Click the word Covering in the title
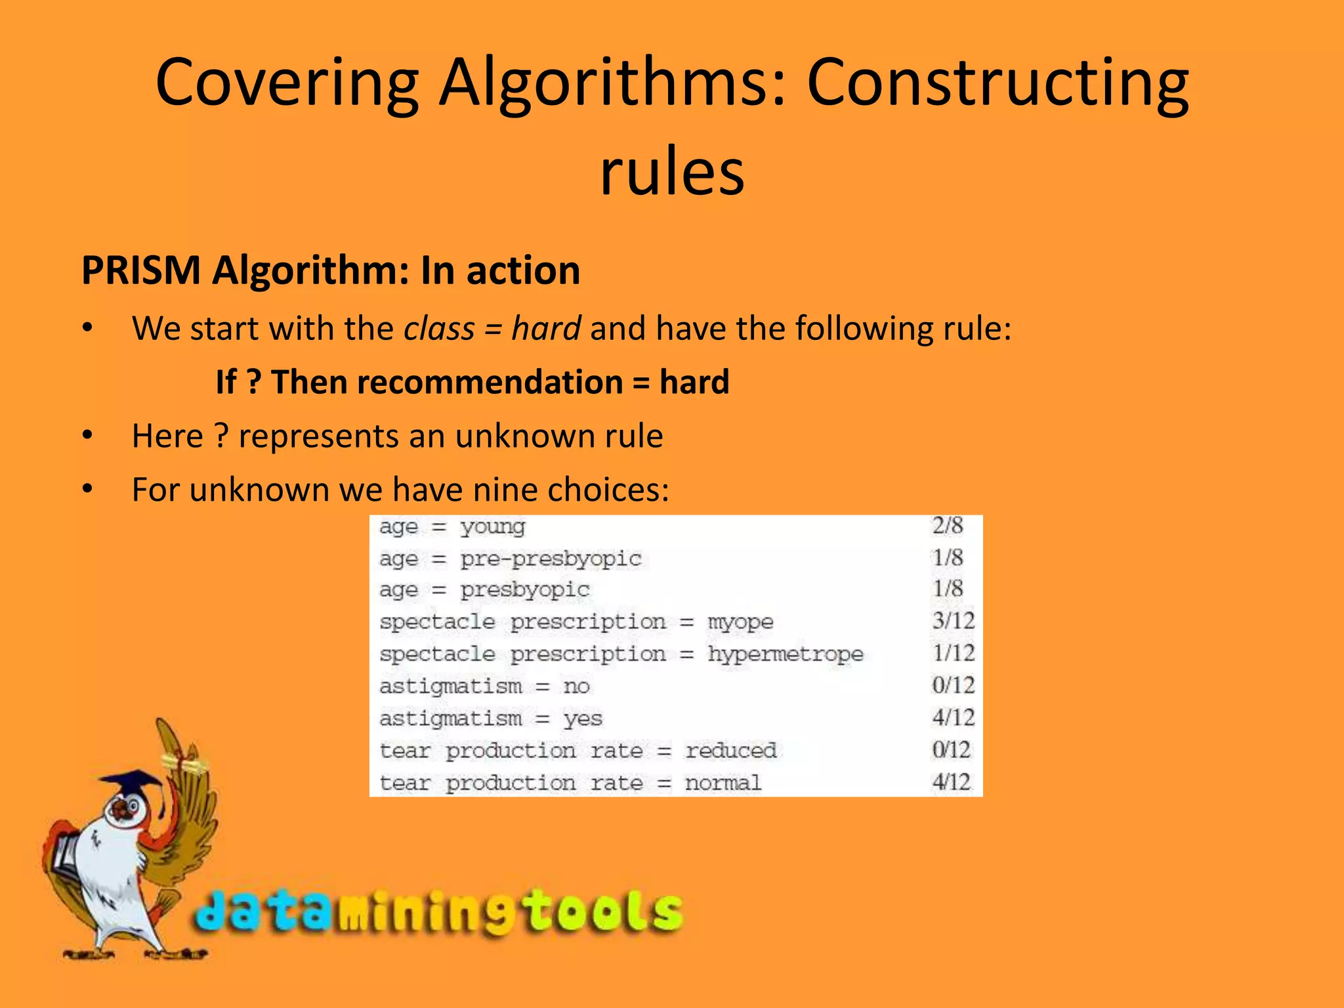point(287,83)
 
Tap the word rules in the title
point(672,172)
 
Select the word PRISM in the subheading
point(140,270)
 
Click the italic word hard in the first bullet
point(546,328)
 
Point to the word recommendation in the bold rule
point(447,382)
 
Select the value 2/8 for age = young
point(948,526)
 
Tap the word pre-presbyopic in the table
point(551,558)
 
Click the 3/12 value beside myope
point(954,621)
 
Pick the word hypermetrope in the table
point(786,654)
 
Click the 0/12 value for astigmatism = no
point(954,686)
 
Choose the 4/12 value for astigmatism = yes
point(954,718)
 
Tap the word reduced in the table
point(731,750)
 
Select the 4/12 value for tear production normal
point(951,782)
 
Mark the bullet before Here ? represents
point(88,436)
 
